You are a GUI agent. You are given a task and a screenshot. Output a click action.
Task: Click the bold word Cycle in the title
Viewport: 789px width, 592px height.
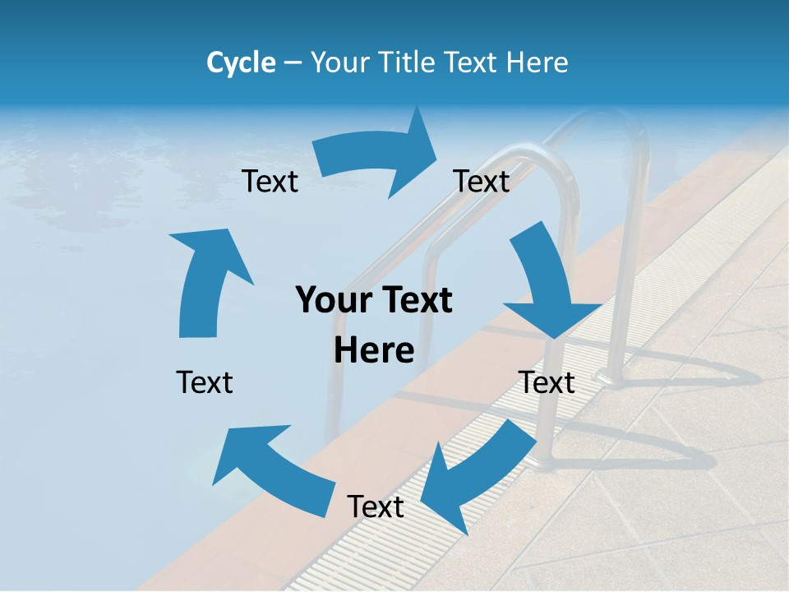click(x=241, y=62)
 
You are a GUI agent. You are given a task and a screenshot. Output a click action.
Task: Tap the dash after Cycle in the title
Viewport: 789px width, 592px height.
click(x=293, y=63)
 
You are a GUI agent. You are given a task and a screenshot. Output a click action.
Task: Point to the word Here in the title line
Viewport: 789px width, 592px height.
click(x=537, y=62)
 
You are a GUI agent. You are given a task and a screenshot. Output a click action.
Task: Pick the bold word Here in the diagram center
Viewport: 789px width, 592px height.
click(x=374, y=351)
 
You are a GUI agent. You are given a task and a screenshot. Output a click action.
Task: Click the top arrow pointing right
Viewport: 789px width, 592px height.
click(x=378, y=156)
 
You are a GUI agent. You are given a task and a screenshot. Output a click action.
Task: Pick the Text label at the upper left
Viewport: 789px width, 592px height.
click(x=270, y=182)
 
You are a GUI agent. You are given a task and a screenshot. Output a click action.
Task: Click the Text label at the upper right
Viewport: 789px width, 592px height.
click(x=482, y=182)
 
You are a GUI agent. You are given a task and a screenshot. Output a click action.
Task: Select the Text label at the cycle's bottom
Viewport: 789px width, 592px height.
click(x=376, y=507)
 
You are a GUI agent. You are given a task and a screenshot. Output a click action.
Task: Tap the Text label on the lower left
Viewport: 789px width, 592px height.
click(x=205, y=382)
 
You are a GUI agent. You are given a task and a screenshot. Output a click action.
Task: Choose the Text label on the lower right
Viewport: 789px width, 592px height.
click(x=547, y=382)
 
